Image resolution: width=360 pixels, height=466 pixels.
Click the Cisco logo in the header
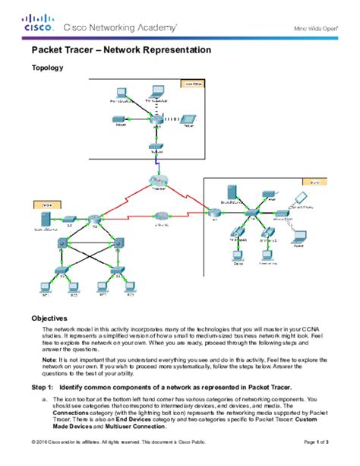(x=38, y=23)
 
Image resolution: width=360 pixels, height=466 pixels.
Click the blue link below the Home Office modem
(x=156, y=163)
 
